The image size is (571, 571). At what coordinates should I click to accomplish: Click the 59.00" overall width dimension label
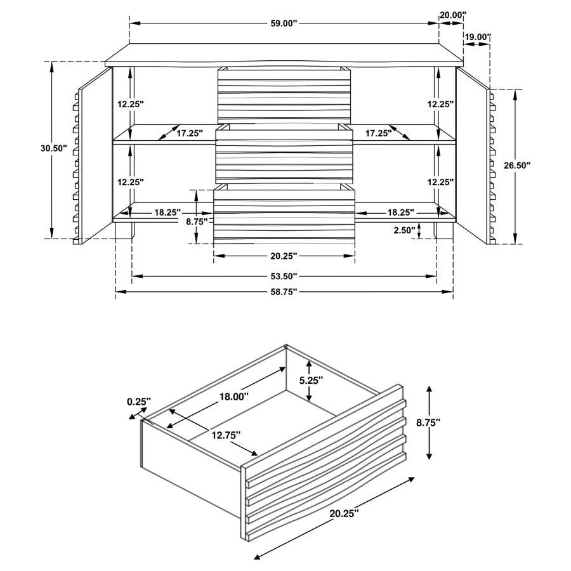tap(283, 23)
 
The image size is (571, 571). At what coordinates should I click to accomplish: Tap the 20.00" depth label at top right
tap(452, 14)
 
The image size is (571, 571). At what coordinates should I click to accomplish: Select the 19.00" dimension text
tap(478, 37)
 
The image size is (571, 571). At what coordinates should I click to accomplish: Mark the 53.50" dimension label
tap(283, 276)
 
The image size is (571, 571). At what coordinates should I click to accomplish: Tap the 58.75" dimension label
tap(283, 292)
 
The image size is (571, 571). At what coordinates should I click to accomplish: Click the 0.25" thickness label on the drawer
tap(139, 401)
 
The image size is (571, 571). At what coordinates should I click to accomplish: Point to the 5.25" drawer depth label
tap(311, 381)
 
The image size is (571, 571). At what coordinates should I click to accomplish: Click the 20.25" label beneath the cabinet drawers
tap(283, 256)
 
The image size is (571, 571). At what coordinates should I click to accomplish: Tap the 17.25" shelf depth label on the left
tap(189, 133)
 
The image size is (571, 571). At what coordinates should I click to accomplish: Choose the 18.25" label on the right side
tap(400, 212)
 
